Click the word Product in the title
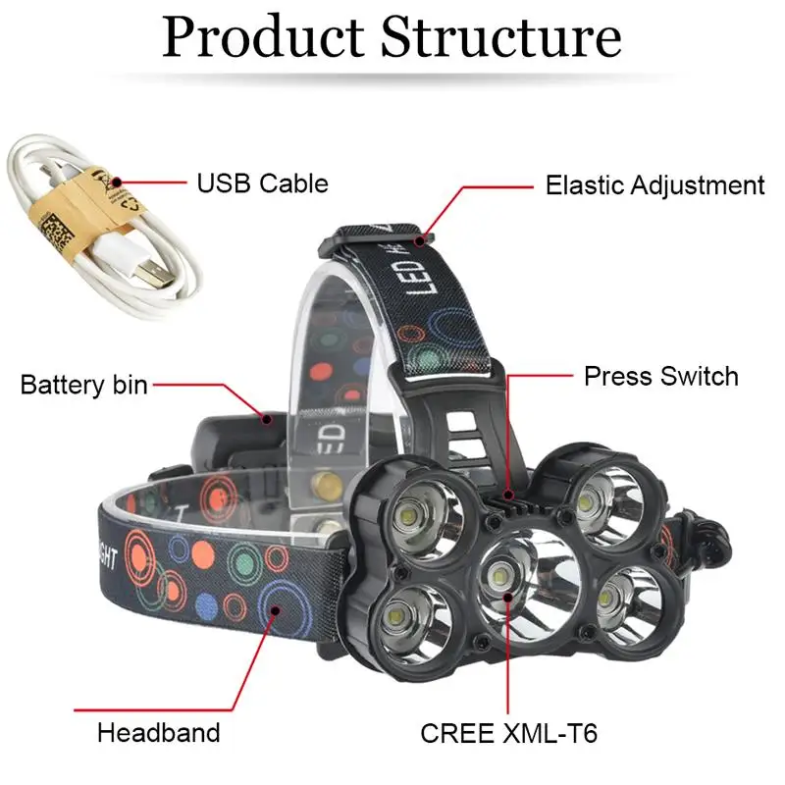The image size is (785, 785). point(263,37)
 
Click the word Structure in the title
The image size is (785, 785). point(501,37)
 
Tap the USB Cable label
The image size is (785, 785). point(262,183)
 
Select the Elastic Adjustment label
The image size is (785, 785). point(654,185)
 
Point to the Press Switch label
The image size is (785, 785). point(660,376)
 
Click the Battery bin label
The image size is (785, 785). point(84,385)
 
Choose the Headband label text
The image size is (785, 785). point(159,732)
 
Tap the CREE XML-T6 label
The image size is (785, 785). point(508,733)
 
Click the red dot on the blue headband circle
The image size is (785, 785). point(275,610)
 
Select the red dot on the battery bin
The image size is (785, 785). point(268,419)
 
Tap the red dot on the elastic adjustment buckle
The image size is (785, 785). point(420,241)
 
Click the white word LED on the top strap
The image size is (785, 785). point(425,275)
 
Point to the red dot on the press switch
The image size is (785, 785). point(508,496)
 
